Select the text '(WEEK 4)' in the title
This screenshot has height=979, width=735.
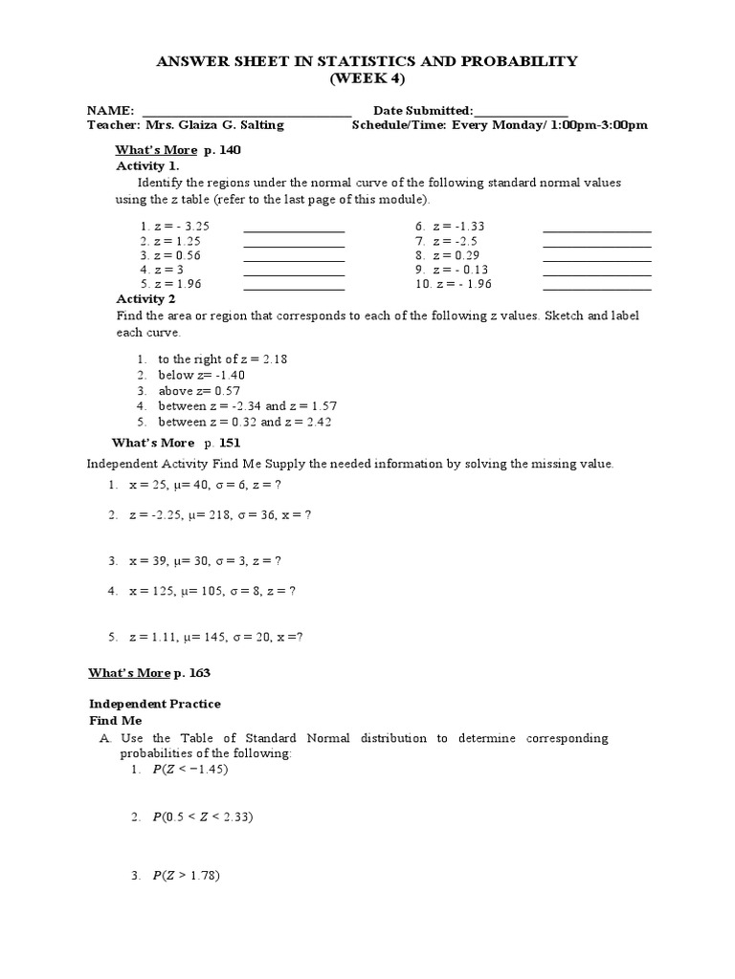(x=367, y=78)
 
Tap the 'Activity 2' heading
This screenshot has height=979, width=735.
(x=146, y=299)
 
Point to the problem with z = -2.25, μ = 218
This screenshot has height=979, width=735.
(x=220, y=515)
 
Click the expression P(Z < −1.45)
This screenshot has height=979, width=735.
(x=189, y=771)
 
